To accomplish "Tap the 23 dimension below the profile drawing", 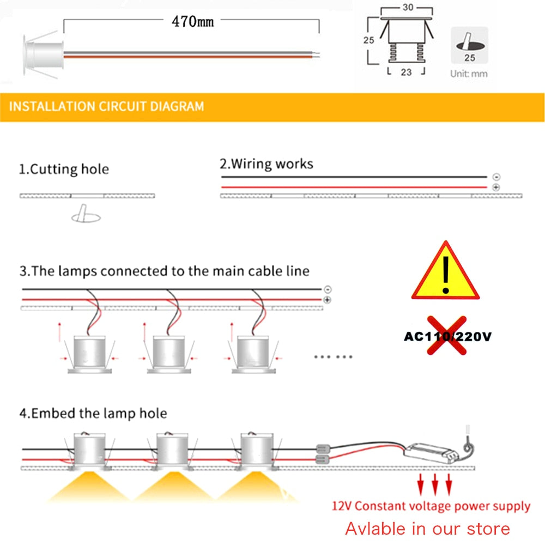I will point(406,72).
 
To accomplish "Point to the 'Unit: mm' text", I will point(469,73).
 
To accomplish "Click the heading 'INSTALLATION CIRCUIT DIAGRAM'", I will point(106,106).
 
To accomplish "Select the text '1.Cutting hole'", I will point(64,169).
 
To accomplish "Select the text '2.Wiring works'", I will point(267,163).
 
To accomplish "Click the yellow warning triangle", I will point(445,273).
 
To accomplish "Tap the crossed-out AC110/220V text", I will point(447,336).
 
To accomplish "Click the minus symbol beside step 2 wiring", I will point(496,177).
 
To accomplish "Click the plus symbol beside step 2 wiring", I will point(496,187).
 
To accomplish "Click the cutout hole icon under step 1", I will point(86,215).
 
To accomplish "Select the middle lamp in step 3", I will point(168,354).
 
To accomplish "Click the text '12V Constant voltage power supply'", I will point(431,506).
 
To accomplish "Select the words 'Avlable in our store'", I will point(427,528).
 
